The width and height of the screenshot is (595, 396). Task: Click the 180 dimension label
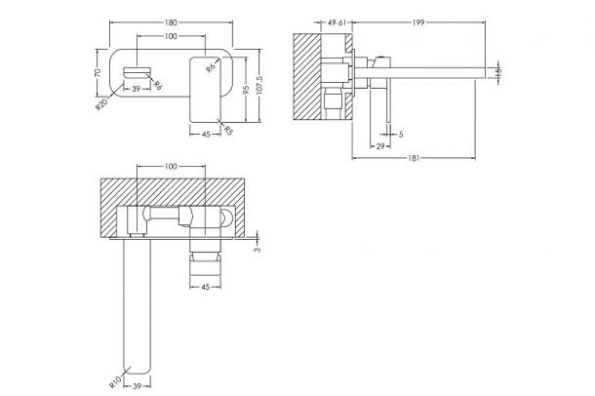(171, 22)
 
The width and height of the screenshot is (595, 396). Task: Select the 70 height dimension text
(98, 72)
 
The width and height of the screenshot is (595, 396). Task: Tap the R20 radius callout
(101, 104)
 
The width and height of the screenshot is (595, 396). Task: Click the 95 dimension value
(246, 90)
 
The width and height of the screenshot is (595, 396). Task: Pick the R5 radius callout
(228, 131)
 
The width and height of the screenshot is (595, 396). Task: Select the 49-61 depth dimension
(337, 22)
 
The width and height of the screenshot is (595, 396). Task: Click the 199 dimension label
(418, 22)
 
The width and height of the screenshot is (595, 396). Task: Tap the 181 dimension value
(414, 158)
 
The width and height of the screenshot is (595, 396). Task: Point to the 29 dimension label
(380, 146)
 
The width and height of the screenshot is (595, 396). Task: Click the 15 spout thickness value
(498, 71)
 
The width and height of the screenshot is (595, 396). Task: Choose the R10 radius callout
(115, 381)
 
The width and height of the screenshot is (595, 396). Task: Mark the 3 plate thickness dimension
(258, 250)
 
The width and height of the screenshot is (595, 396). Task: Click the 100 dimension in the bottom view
(171, 166)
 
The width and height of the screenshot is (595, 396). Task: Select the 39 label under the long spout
(138, 386)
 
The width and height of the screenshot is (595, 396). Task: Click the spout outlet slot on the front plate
(137, 72)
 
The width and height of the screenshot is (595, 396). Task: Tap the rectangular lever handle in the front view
(205, 90)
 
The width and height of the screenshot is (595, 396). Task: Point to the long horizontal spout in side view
(419, 73)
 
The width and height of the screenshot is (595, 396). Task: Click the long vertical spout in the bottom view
(138, 306)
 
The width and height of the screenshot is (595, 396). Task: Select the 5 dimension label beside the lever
(401, 134)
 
